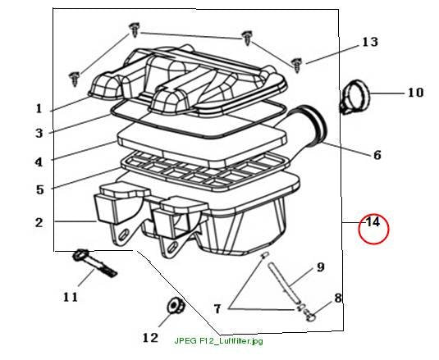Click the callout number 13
pos(370,42)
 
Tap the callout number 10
pos(415,93)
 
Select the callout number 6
pos(377,155)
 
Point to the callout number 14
pos(373,222)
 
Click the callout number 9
pos(321,267)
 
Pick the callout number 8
pos(338,298)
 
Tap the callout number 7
pos(217,309)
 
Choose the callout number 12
pos(150,338)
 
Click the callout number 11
pos(70,297)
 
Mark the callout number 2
pos(39,223)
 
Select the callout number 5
pos(40,189)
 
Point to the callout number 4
pos(39,162)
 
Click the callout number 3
pos(39,133)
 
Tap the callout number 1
pos(39,108)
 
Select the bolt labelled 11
pos(94,263)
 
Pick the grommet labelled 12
pos(176,306)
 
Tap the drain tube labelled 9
pos(283,283)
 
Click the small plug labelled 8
pos(310,315)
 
